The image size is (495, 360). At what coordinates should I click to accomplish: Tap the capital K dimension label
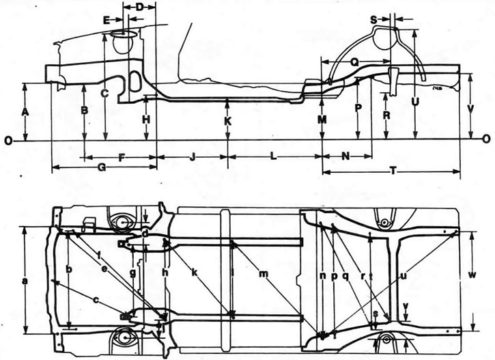pos(228,121)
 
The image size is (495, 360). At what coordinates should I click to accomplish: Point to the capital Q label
pos(354,61)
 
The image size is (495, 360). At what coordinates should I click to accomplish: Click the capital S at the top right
pos(373,19)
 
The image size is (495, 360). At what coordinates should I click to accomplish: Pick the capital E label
pos(107,20)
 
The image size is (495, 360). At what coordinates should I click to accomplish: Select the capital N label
pos(345,156)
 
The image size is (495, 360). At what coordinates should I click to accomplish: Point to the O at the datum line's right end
pos(485,139)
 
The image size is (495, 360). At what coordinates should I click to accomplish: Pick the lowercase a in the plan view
pos(25,280)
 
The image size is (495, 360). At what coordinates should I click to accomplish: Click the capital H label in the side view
pos(145,120)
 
